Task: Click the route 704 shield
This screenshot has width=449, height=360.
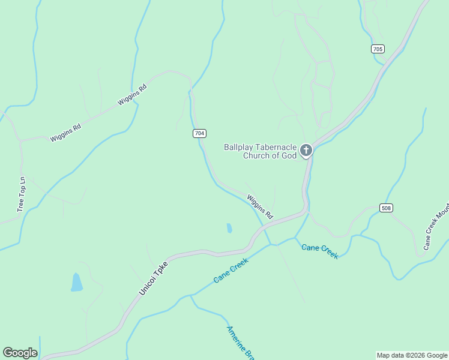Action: coord(200,133)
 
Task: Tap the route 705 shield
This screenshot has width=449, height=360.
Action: coord(378,49)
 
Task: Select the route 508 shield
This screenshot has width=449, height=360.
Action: coord(386,208)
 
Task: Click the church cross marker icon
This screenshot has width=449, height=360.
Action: coord(306,150)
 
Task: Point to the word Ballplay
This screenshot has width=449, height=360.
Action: coord(240,147)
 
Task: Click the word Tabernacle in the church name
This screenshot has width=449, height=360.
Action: coord(277,147)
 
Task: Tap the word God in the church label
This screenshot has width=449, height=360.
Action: coord(289,156)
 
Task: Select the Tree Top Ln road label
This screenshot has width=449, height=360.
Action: coord(22,194)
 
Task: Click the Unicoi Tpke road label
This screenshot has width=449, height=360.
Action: coord(154,278)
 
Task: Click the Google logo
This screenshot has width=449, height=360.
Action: coord(20,353)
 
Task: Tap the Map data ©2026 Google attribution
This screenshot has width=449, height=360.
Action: coord(412,355)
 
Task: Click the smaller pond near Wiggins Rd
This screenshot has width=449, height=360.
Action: coord(229,228)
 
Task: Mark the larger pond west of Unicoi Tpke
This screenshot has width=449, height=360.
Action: coord(76,282)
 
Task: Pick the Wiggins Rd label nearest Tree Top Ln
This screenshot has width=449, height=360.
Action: coord(65,133)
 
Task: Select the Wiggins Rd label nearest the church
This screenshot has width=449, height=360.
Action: coord(260,206)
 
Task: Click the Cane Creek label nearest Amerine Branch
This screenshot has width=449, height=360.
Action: coord(231,271)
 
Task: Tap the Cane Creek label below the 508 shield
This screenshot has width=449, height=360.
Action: coord(320,251)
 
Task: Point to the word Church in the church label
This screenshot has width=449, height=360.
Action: coord(256,156)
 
